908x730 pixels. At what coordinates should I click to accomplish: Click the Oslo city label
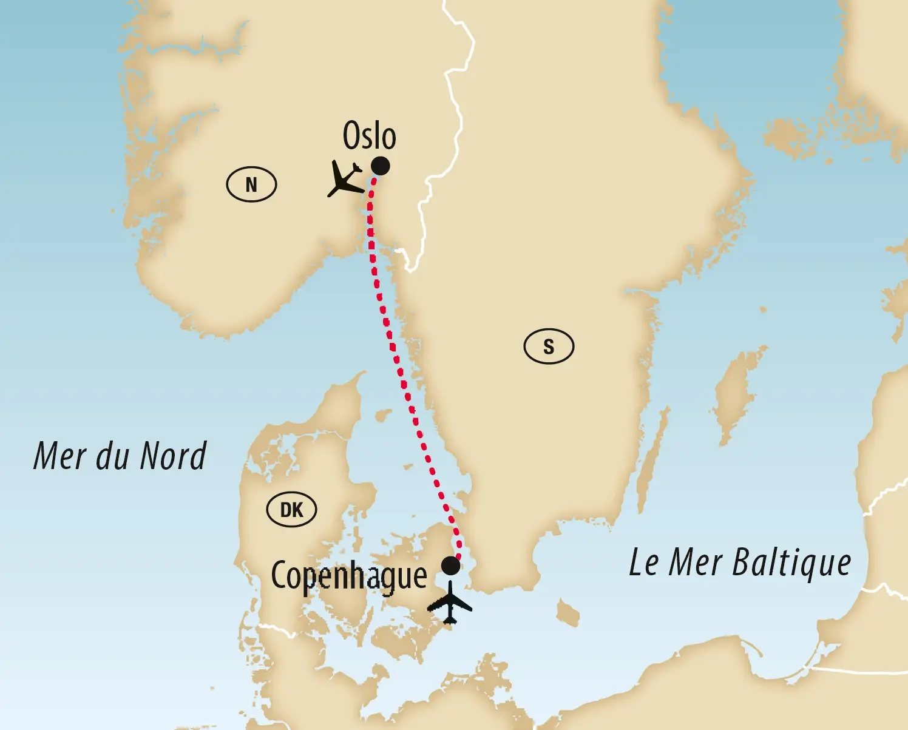pos(369,135)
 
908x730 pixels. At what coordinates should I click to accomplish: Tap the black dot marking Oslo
pos(381,166)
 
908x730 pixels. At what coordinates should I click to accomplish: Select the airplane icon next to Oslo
pos(345,178)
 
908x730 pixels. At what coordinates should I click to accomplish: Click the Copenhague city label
pos(349,576)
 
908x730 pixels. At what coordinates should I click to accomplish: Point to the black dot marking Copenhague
pos(450,566)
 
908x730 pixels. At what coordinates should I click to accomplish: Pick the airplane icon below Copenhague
pos(450,603)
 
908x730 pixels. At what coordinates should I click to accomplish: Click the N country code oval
pos(251,184)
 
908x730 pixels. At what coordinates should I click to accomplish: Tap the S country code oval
pos(549,346)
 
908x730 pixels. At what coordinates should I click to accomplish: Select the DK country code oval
pos(291,509)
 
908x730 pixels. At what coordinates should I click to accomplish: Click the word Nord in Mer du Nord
pos(174,456)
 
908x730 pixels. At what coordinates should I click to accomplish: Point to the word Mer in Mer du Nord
pos(59,456)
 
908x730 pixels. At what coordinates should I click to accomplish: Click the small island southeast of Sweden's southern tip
pos(568,612)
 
